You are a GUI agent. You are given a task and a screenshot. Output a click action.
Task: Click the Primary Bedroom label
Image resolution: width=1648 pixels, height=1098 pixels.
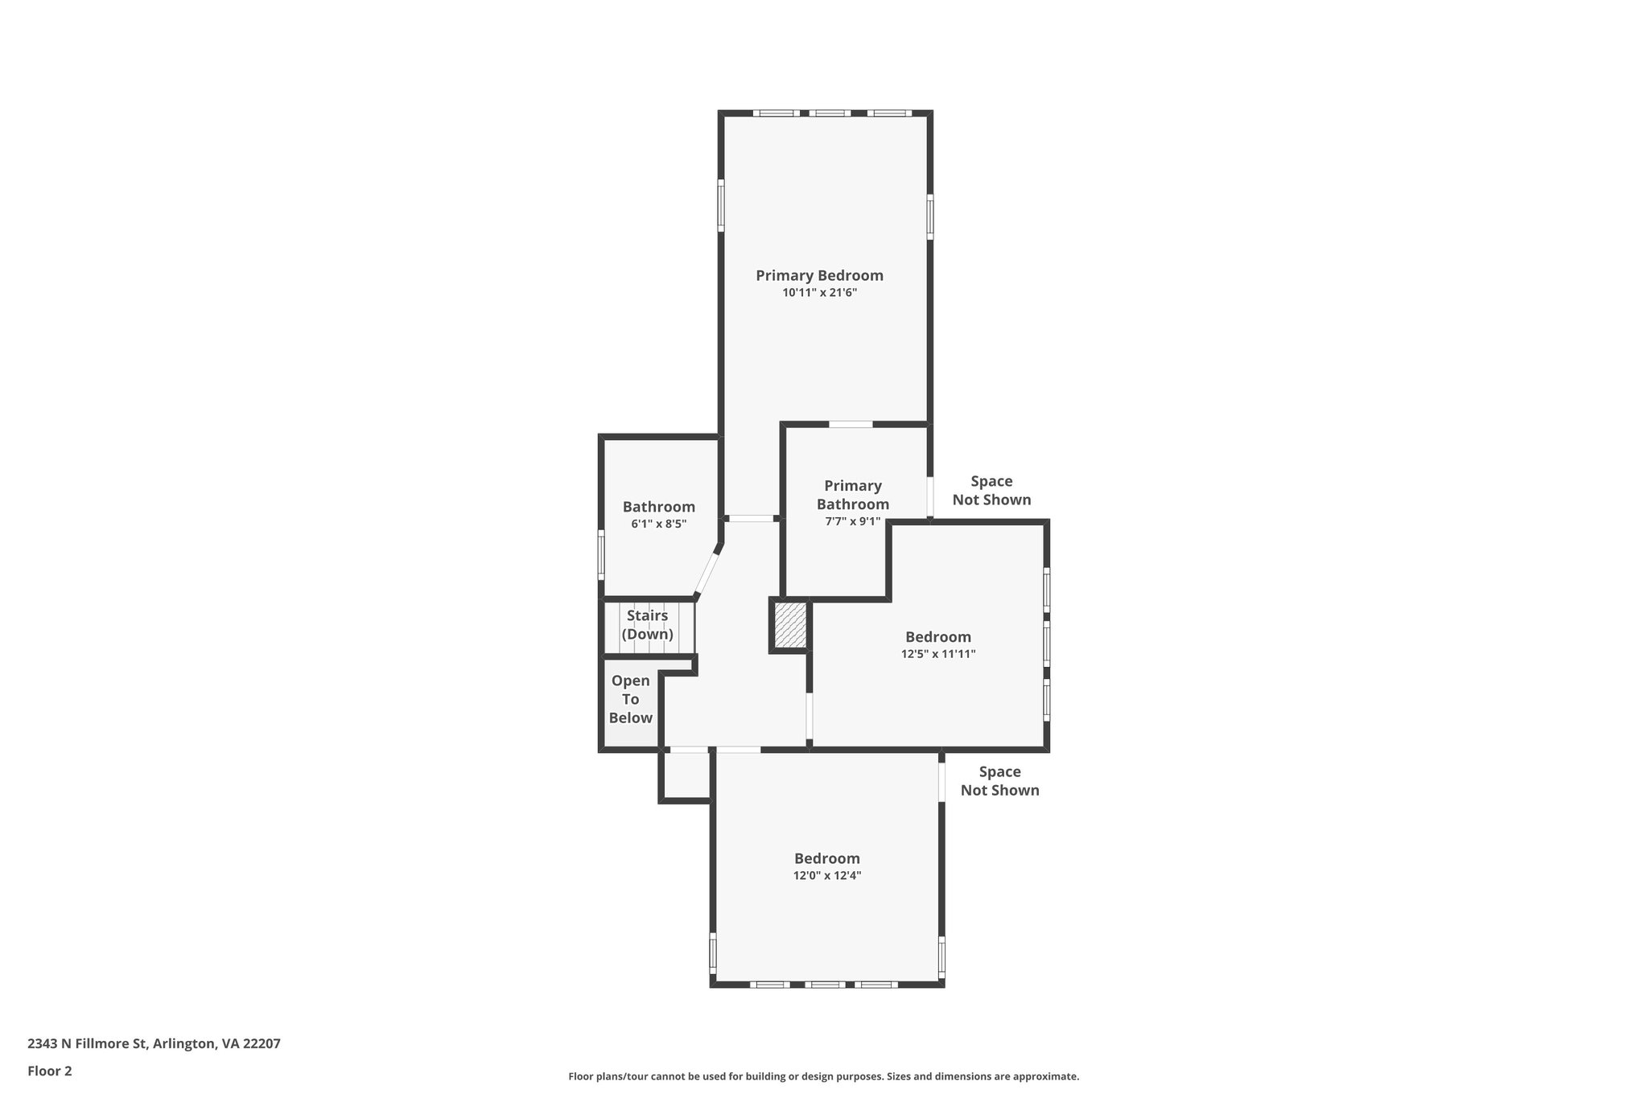(x=819, y=276)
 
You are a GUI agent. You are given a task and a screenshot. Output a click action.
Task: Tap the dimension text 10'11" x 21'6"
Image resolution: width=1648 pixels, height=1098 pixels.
(x=819, y=294)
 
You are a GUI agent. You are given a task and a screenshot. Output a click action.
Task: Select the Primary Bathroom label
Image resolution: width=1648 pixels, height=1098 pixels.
(x=852, y=495)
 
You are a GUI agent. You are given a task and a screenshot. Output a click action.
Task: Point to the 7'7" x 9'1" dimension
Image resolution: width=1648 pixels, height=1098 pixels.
(x=852, y=522)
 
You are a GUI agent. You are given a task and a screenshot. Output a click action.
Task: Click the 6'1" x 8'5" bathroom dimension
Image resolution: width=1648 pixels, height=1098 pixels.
(x=658, y=524)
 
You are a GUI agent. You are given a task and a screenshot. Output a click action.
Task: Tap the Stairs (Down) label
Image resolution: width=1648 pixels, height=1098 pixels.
(x=647, y=625)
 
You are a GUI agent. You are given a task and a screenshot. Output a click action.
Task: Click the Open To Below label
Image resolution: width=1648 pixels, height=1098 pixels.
(x=630, y=699)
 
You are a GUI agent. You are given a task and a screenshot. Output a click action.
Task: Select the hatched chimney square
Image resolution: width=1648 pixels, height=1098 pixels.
(x=789, y=625)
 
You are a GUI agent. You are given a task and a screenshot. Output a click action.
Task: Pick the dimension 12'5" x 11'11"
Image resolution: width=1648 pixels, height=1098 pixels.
(x=937, y=655)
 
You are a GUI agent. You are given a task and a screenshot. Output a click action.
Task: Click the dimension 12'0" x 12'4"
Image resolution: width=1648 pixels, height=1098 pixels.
(x=826, y=876)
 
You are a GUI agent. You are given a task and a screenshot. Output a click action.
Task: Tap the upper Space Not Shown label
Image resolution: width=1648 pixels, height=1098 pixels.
(x=991, y=491)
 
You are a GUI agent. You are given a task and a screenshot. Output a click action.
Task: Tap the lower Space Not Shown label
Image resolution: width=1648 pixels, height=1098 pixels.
(x=999, y=781)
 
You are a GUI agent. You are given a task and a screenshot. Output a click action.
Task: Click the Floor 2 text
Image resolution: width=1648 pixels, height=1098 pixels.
(x=50, y=1071)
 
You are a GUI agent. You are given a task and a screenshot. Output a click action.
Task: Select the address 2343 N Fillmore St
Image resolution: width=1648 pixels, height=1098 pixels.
(x=153, y=1043)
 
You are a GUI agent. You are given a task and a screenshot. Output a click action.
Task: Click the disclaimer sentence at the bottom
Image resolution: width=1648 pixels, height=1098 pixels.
(x=823, y=1076)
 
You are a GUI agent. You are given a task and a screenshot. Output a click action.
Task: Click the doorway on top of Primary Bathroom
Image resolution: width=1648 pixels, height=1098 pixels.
(x=851, y=424)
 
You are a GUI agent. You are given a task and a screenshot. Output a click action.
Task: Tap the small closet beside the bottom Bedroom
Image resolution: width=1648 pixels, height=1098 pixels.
(x=686, y=775)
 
